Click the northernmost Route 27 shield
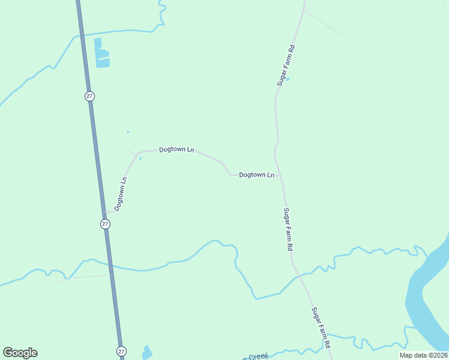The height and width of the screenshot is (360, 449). (x=89, y=96)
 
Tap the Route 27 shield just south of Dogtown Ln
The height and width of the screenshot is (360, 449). (x=105, y=224)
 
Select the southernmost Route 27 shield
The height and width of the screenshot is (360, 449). (x=121, y=351)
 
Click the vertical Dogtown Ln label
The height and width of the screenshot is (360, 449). (x=121, y=193)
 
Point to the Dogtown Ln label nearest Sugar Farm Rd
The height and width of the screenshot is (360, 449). (x=256, y=175)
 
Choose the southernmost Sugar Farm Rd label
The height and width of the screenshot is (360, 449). (x=321, y=329)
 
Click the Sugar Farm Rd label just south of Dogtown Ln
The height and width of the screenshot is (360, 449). (x=288, y=229)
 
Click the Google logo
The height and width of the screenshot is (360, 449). (x=20, y=353)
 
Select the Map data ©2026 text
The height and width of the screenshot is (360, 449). (x=423, y=355)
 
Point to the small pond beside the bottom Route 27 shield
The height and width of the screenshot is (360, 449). (x=147, y=352)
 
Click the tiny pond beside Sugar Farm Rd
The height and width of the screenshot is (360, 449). (x=288, y=79)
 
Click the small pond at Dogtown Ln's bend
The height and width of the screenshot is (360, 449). (x=140, y=158)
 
